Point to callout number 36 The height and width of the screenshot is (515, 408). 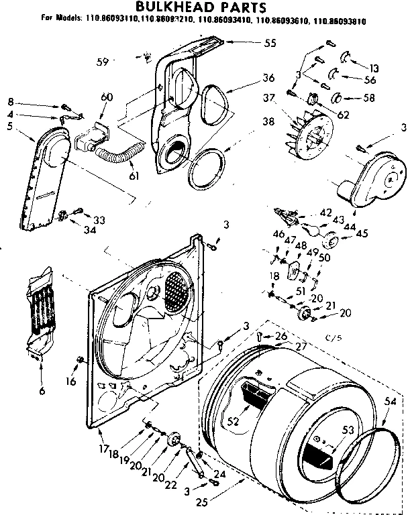(250, 78)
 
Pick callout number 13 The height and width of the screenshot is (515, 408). (374, 67)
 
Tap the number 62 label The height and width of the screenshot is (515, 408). (344, 115)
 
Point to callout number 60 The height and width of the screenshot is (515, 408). (105, 98)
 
